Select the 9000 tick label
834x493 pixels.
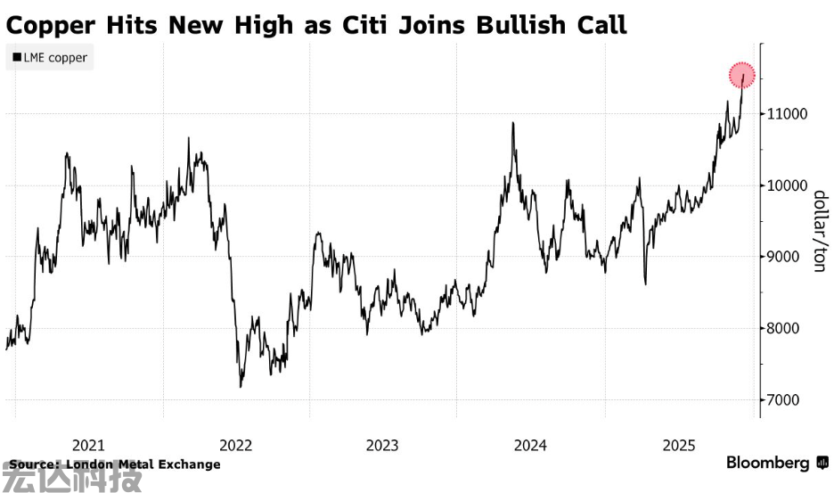[785, 257]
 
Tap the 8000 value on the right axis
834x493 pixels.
[785, 328]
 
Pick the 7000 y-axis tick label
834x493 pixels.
[785, 399]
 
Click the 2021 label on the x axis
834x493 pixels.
[88, 445]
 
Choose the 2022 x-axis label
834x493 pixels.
[236, 445]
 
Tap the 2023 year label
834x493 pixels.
[383, 445]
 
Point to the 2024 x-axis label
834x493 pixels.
[531, 445]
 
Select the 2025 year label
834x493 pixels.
[679, 445]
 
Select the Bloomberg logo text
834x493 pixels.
[767, 463]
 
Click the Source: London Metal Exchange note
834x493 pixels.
[114, 464]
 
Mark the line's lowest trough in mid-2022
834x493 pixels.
[241, 386]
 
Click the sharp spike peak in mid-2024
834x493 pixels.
[513, 123]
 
